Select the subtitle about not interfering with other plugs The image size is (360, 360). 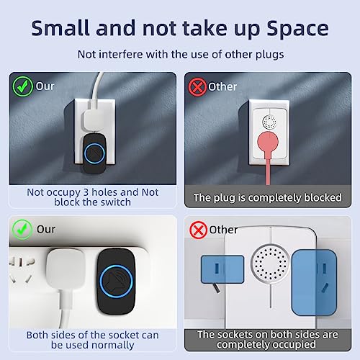(179, 53)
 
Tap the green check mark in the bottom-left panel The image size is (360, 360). (20, 231)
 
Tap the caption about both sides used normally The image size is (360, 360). (93, 340)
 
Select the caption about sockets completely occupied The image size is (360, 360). (267, 339)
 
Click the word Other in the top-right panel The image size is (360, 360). (222, 87)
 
